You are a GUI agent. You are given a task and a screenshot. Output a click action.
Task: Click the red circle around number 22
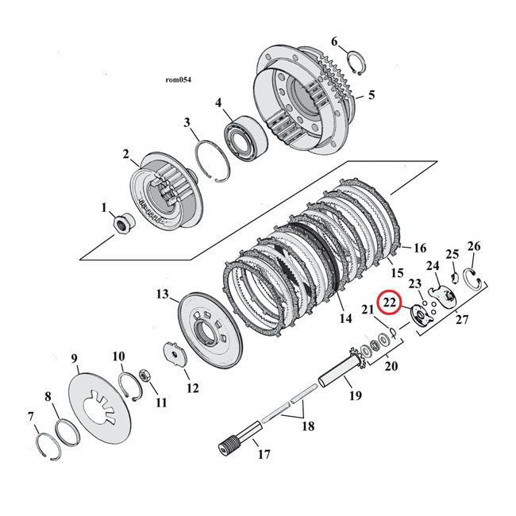[390, 303]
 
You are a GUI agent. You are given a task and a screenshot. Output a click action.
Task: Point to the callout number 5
[372, 96]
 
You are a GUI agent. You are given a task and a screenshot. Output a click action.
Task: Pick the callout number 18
[307, 426]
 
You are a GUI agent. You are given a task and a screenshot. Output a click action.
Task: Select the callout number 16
[419, 248]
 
